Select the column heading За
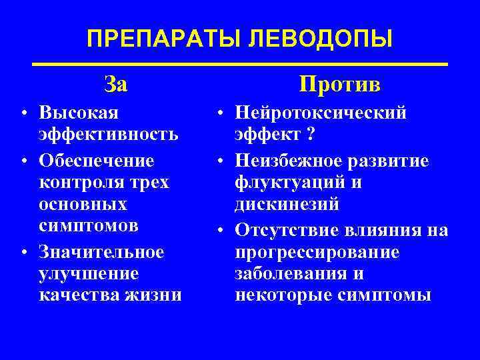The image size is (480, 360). (x=116, y=84)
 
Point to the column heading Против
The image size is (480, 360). (x=340, y=84)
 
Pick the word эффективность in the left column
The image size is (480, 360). (x=109, y=134)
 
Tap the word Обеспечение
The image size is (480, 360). (x=97, y=161)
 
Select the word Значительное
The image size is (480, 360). (x=101, y=252)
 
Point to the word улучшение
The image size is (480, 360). (x=89, y=273)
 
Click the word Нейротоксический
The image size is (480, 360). (x=321, y=112)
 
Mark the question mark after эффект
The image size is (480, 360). (x=311, y=134)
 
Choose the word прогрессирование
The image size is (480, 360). (x=317, y=252)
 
